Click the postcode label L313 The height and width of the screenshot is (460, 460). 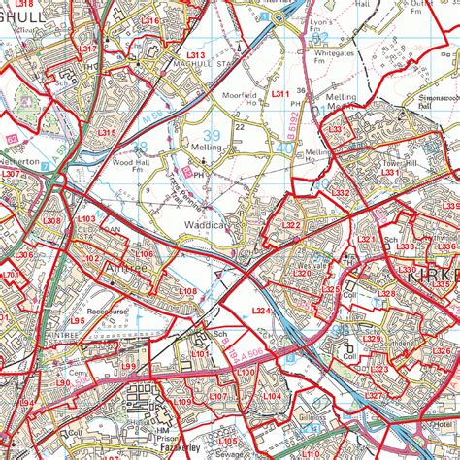196,56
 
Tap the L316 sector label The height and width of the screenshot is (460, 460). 148,20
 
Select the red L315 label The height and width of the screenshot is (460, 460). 107,132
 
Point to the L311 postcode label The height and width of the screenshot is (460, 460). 280,93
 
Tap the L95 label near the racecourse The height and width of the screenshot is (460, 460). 77,318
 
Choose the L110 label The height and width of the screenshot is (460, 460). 310,452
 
